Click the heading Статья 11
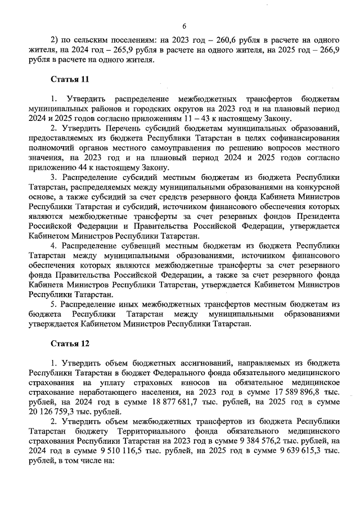tap(69, 79)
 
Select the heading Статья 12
tap(69, 343)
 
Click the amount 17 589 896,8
tap(300, 392)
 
